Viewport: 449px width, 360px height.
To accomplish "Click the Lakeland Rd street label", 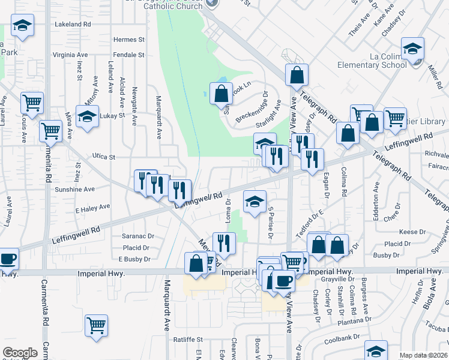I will [72, 25].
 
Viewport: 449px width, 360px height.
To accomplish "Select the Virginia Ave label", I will [70, 55].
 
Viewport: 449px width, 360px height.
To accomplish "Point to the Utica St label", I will [104, 156].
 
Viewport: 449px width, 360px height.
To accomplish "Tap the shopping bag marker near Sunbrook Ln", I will [221, 93].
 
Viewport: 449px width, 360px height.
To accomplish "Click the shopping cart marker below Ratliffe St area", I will [96, 326].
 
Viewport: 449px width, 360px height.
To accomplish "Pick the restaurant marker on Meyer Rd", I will [224, 243].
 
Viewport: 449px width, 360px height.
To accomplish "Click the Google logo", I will [20, 353].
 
